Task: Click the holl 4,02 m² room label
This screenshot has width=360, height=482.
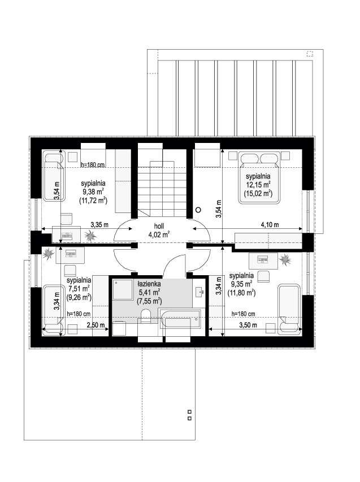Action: point(159,231)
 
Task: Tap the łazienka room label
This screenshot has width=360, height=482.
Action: point(149,284)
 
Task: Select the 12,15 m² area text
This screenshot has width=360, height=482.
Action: point(258,185)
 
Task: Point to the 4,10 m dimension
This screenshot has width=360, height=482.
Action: point(270,225)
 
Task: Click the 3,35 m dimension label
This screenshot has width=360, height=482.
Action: point(99,225)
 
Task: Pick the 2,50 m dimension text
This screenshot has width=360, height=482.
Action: point(96,325)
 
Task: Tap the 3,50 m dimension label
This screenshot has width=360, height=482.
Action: point(248,325)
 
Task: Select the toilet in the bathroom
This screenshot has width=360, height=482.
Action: point(145,316)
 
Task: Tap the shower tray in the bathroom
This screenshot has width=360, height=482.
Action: point(123,289)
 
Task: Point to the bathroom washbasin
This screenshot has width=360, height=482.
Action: point(199,291)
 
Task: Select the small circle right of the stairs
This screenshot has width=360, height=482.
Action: point(198,210)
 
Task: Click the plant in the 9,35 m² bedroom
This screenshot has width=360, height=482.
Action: point(285,259)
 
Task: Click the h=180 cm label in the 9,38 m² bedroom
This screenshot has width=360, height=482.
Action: point(93,165)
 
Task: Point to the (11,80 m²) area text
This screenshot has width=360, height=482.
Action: point(241,293)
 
